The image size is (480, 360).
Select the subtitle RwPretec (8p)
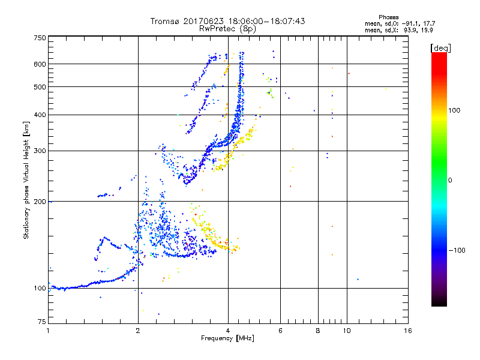click(227, 28)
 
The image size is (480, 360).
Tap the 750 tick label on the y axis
click(40, 38)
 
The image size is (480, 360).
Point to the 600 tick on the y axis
click(40, 64)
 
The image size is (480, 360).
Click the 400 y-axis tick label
click(40, 115)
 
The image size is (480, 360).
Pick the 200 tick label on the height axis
click(40, 201)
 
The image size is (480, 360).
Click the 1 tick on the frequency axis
click(48, 331)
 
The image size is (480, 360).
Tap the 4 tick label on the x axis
click(228, 331)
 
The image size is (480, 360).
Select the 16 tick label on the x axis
click(408, 331)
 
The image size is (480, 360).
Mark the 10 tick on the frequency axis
click(347, 331)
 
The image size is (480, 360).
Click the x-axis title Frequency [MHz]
click(227, 339)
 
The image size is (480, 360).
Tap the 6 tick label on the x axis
click(280, 331)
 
